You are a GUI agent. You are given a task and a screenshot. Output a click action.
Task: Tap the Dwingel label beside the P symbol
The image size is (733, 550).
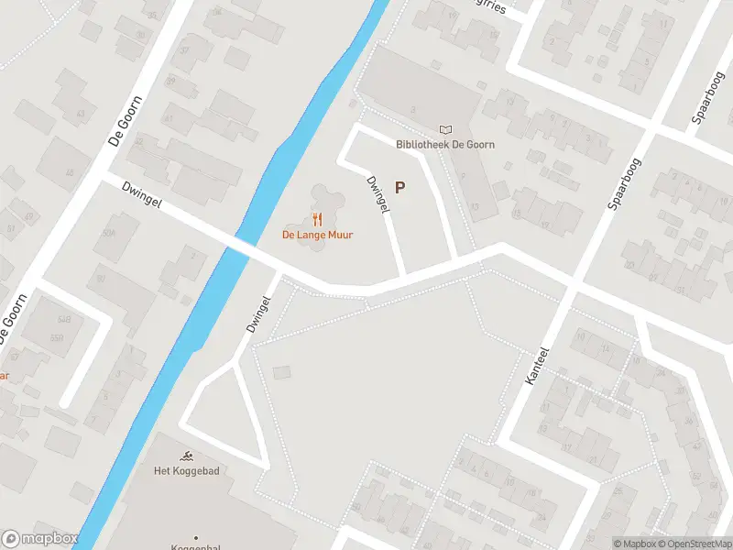[x=377, y=194]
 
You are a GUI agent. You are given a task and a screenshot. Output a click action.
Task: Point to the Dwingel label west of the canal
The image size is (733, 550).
[x=141, y=193]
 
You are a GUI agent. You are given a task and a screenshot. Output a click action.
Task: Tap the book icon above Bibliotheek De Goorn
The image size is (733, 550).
[x=445, y=130]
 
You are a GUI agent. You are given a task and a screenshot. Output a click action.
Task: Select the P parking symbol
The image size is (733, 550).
[x=399, y=187]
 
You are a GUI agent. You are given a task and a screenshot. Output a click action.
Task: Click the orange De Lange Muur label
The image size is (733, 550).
[x=317, y=235]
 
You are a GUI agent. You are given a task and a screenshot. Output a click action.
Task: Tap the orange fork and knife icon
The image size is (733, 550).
[x=317, y=219]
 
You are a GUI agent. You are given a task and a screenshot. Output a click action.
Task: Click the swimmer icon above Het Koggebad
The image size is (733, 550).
[x=187, y=456]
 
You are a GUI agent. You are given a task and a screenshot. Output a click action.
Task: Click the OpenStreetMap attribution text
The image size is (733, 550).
[x=695, y=544]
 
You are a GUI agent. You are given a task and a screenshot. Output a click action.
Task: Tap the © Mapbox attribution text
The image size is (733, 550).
[x=634, y=544]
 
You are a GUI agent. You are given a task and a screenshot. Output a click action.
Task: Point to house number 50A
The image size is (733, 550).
[x=109, y=233]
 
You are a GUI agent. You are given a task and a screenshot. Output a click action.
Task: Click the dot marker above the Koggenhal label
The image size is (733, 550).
[x=195, y=536]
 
